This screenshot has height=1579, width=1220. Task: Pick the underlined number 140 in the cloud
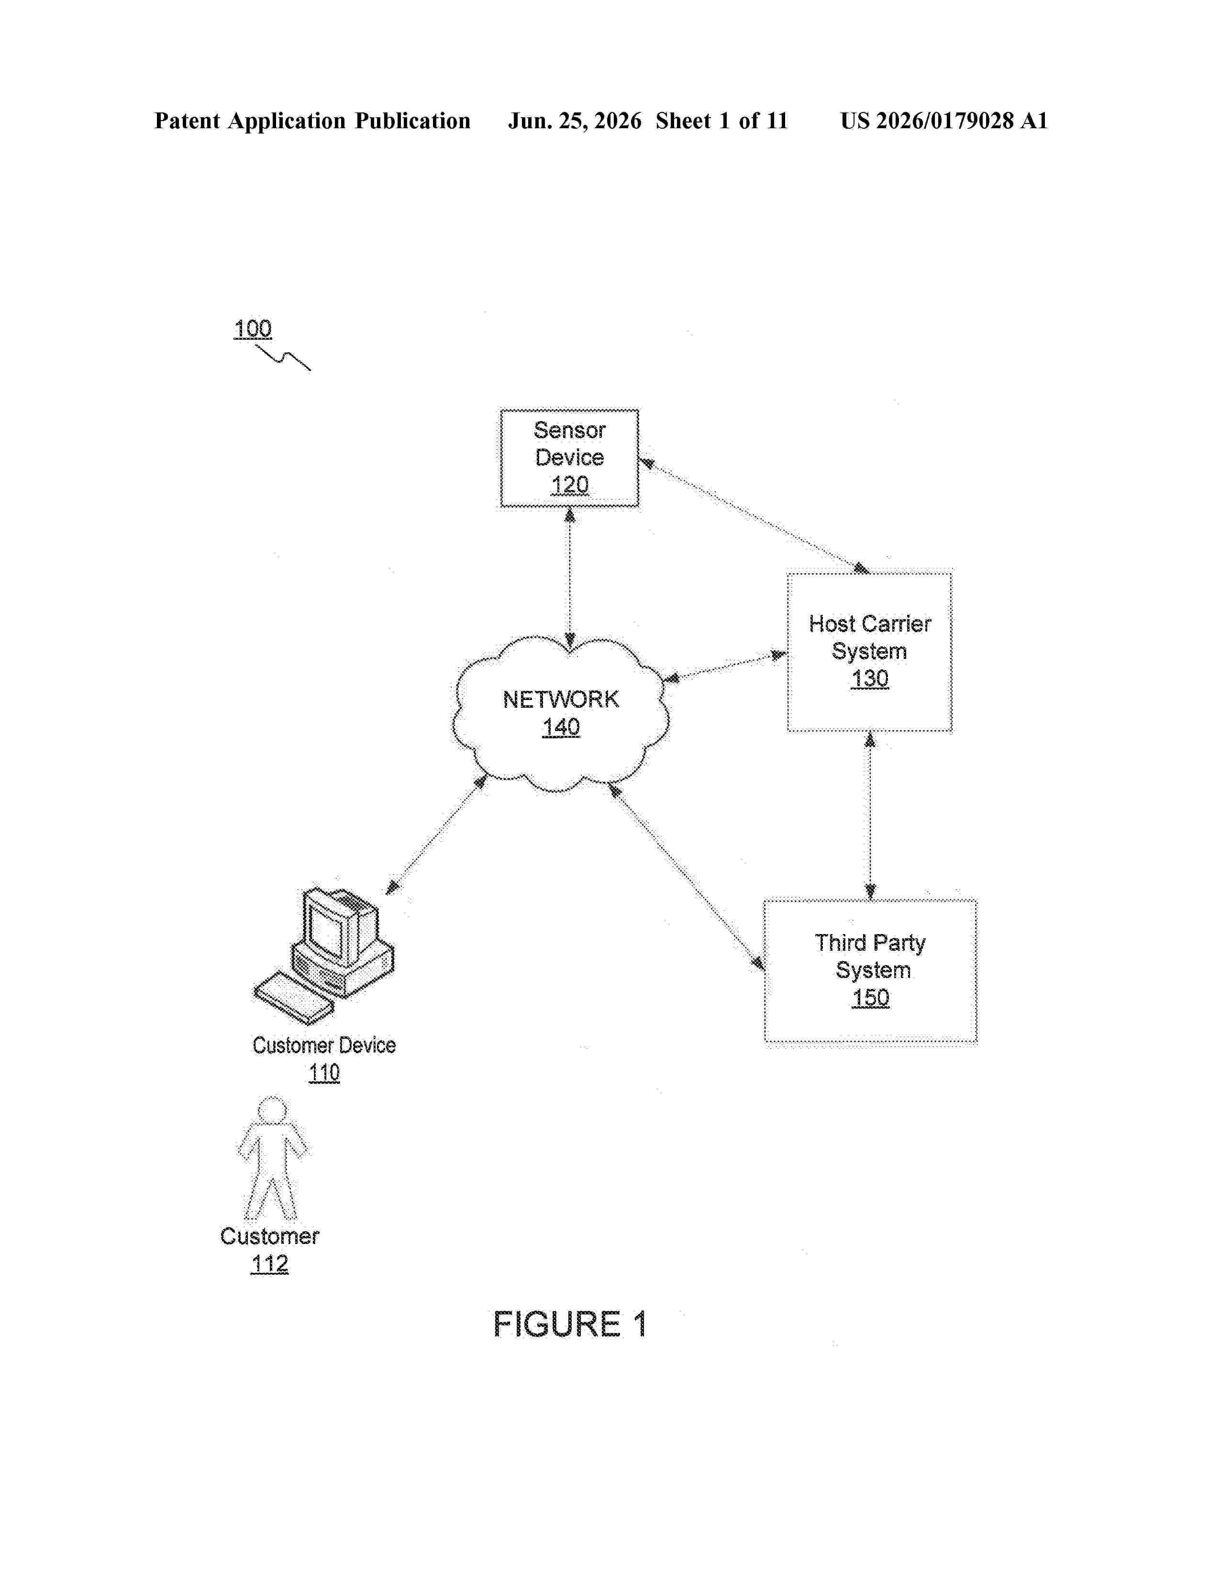[x=561, y=727]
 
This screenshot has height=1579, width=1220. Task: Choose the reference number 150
[x=870, y=998]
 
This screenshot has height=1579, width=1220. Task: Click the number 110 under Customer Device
[x=324, y=1073]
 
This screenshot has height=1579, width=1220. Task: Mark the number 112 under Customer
[x=269, y=1264]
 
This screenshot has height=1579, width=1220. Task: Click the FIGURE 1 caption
[x=569, y=1324]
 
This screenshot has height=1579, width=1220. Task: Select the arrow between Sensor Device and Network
[x=569, y=578]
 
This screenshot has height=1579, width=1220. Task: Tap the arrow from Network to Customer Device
[x=436, y=835]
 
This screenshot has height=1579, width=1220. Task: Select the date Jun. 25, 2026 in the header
[x=575, y=121]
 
